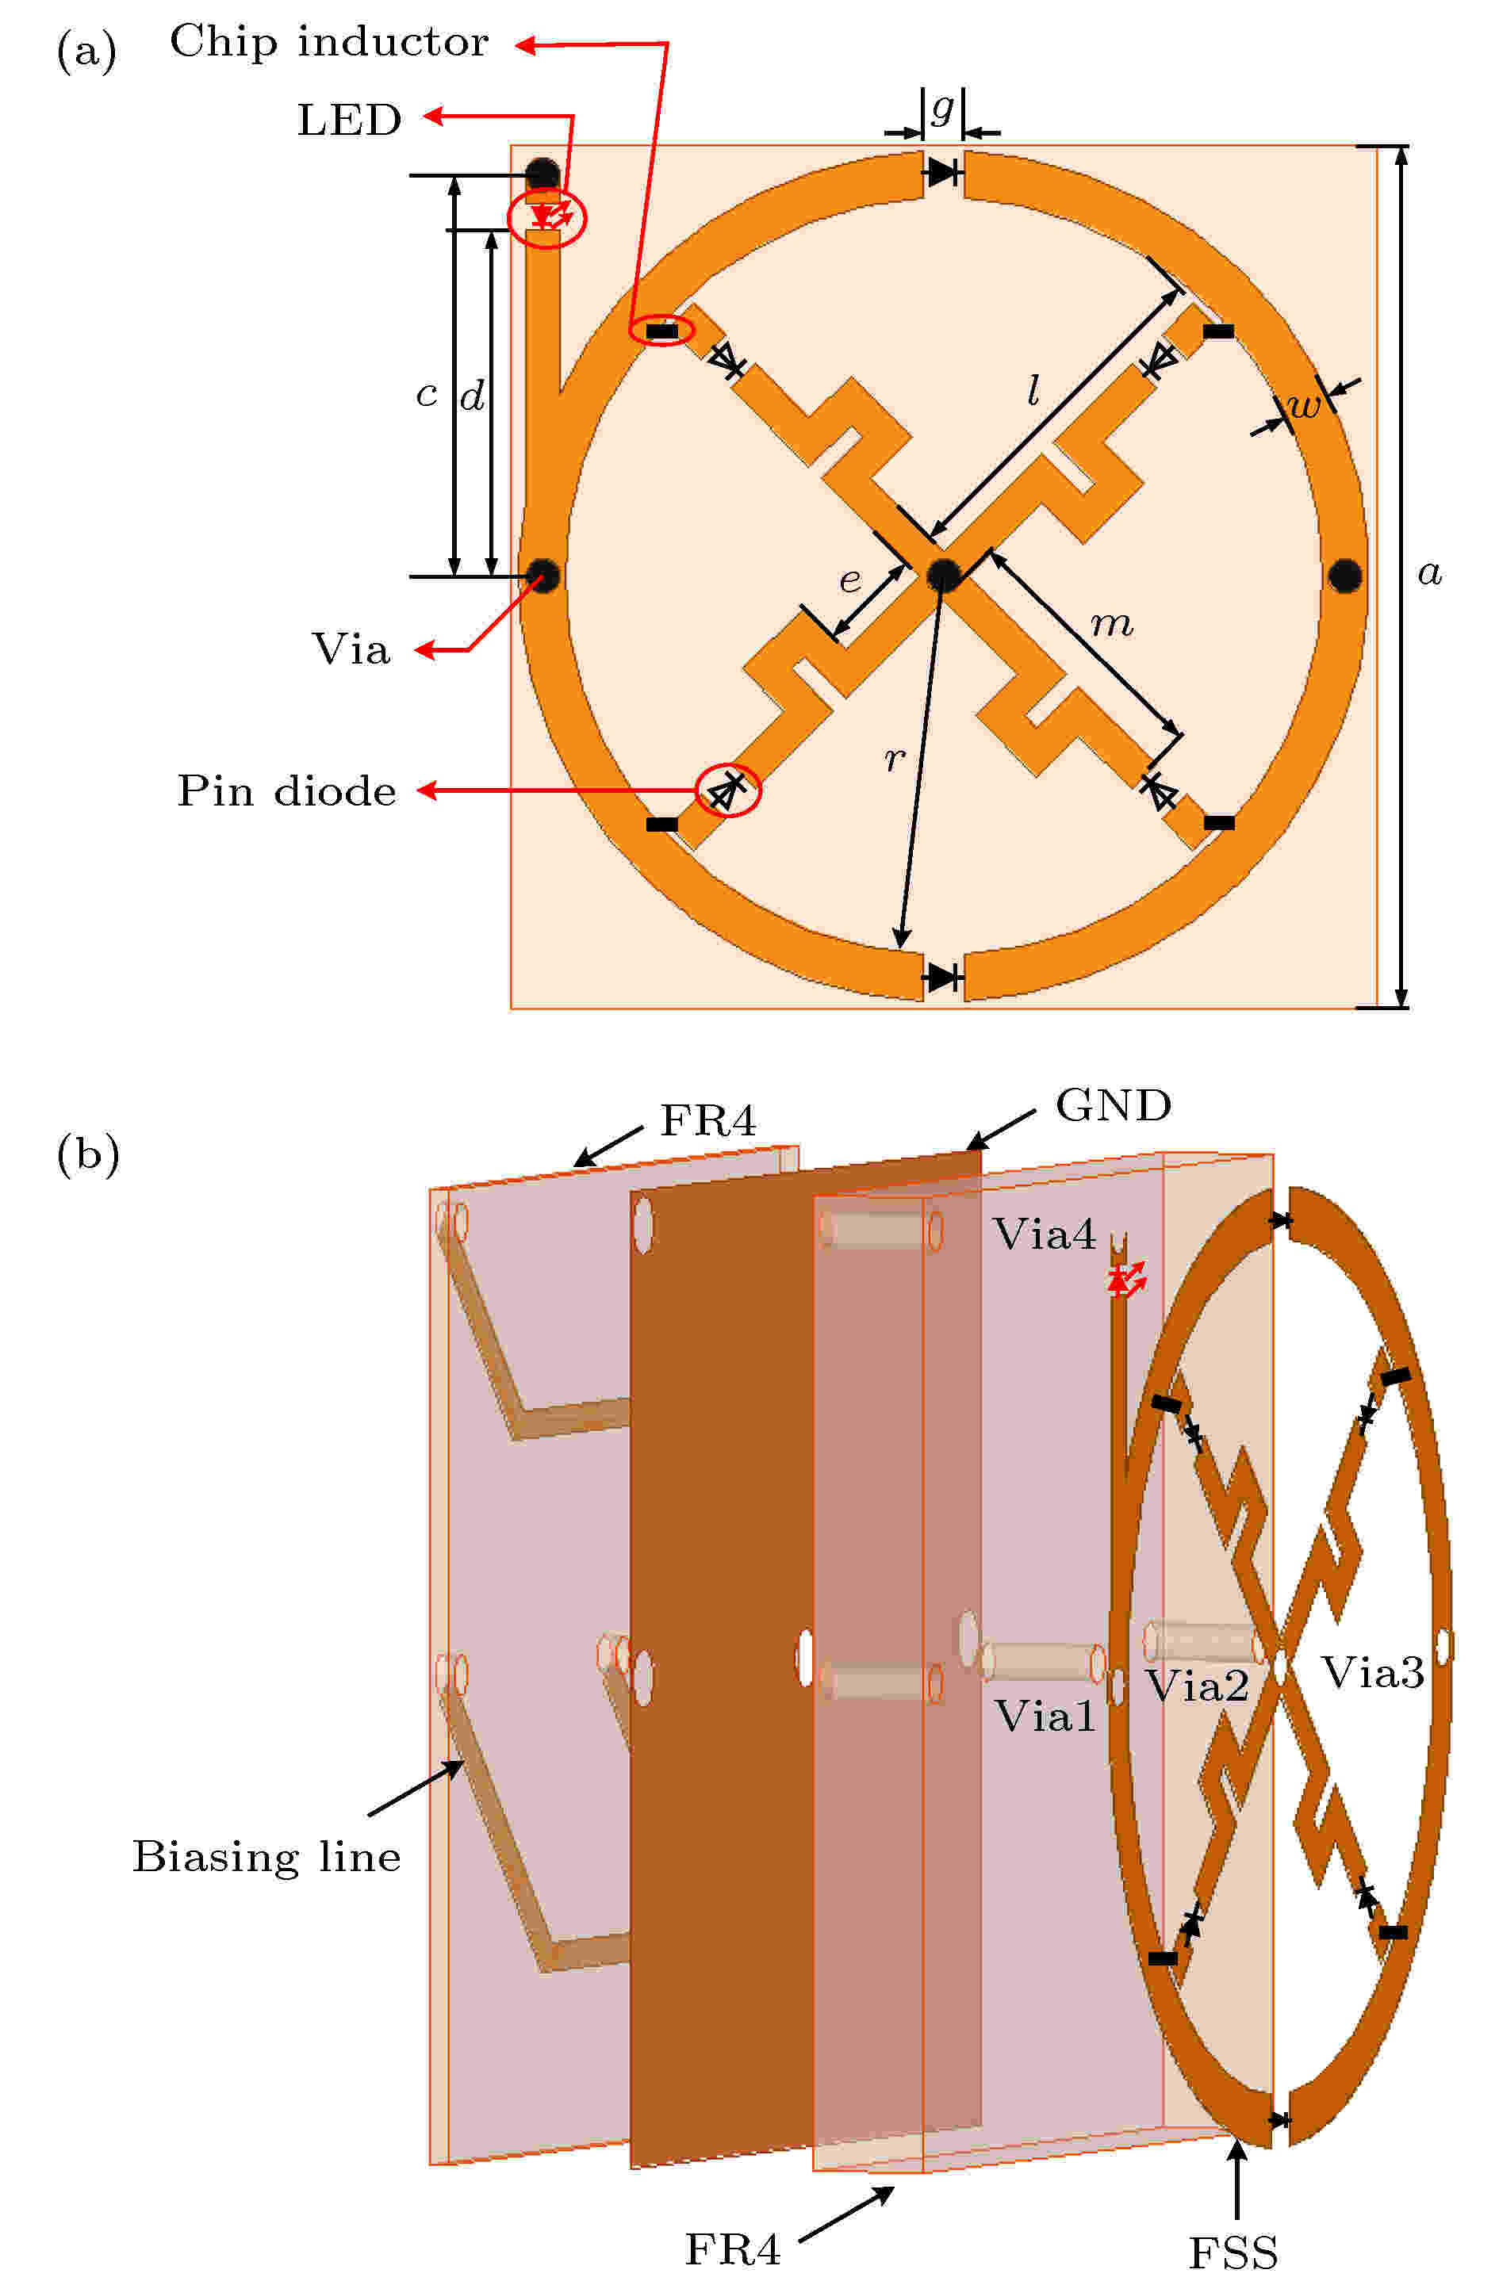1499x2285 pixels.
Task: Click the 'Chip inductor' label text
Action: (328, 43)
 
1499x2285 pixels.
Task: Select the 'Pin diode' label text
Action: (286, 792)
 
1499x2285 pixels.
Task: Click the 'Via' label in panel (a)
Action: (351, 650)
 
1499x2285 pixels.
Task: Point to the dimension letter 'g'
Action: (943, 108)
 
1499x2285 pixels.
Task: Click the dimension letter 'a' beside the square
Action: (1430, 573)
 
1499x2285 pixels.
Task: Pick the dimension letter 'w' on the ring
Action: (1304, 406)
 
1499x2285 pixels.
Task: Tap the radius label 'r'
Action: (894, 760)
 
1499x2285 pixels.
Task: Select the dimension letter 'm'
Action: (1112, 625)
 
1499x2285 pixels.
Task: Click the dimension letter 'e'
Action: (850, 580)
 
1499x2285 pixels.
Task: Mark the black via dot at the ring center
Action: (944, 574)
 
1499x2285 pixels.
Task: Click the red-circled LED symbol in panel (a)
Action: (547, 217)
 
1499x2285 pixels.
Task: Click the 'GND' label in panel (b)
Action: (1113, 1106)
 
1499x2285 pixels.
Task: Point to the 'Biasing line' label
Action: (266, 1858)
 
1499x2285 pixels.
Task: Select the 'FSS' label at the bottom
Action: (1233, 2253)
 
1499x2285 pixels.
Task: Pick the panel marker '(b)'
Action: (87, 1153)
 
